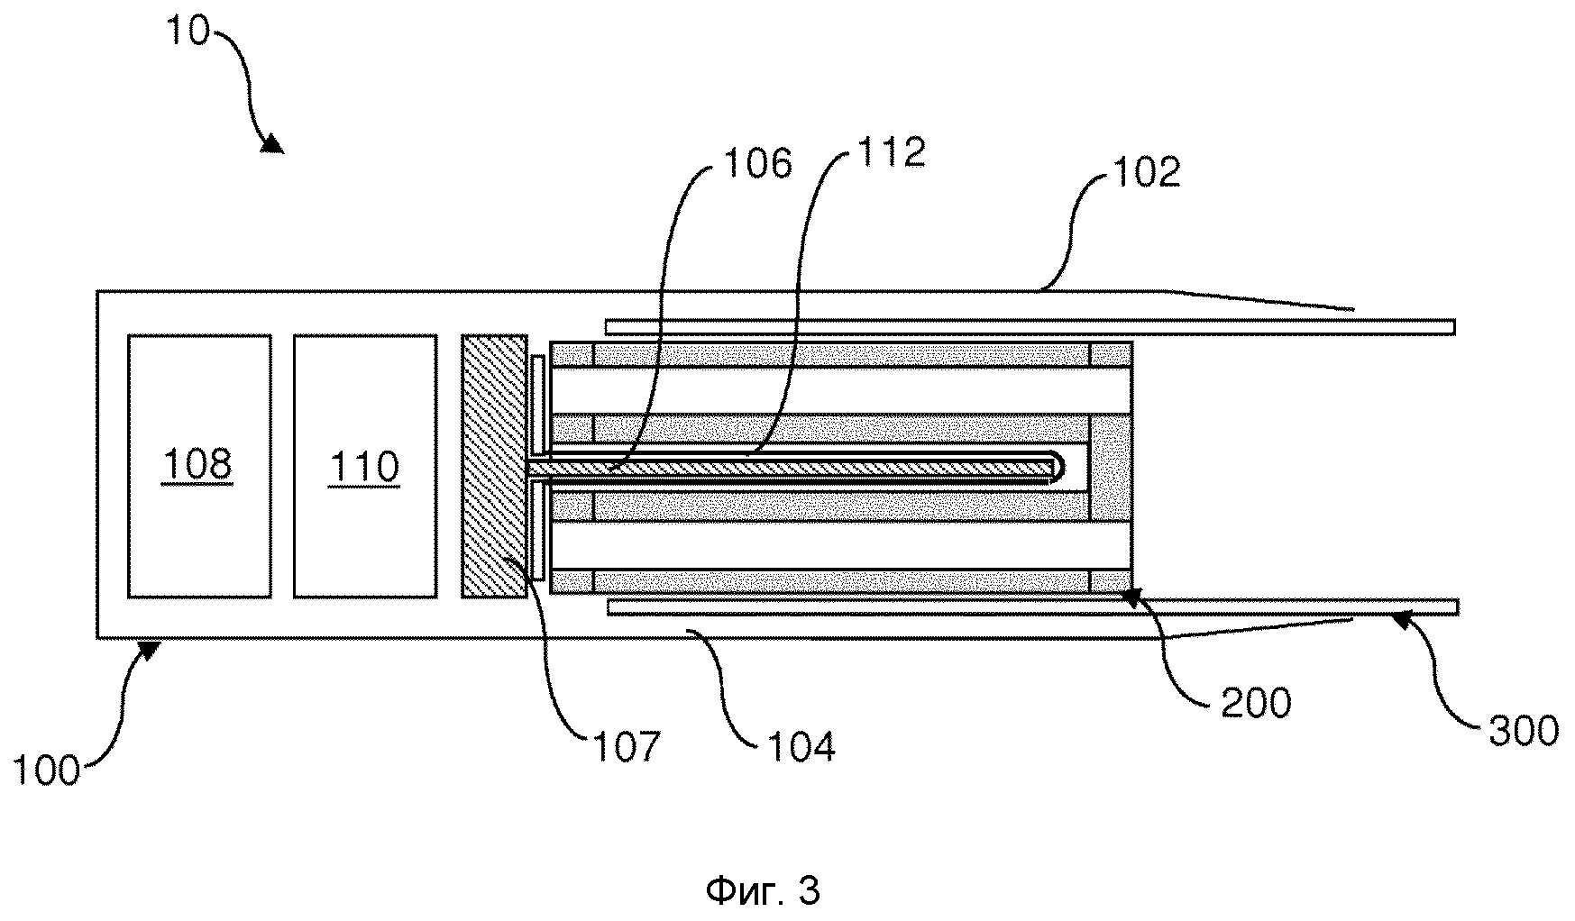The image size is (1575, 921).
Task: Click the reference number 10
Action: click(187, 31)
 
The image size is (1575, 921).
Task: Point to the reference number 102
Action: click(1145, 172)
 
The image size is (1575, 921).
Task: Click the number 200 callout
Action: click(1256, 702)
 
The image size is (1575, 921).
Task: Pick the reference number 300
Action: click(1523, 731)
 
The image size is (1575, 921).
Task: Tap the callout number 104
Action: click(801, 746)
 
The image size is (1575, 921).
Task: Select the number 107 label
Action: click(627, 746)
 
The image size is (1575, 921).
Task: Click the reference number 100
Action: click(47, 772)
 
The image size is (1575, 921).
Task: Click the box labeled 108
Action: click(199, 466)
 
